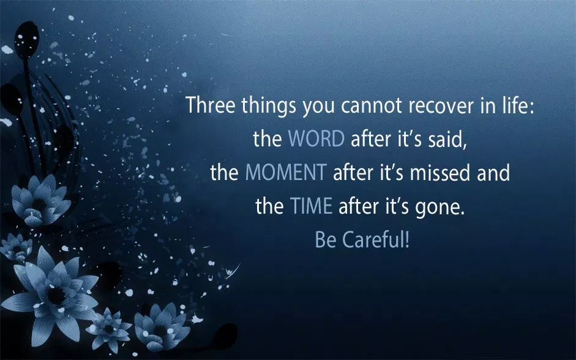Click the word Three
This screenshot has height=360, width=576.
pos(210,105)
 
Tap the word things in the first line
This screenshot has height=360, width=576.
pos(269,106)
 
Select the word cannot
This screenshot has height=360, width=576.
pos(371,105)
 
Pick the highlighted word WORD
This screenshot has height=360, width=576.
pos(316,139)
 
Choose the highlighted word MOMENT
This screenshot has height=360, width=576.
pos(286,173)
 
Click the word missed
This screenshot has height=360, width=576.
pos(439,173)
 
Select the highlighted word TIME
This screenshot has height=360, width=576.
pos(311,206)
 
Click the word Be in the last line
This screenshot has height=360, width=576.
pos(326,240)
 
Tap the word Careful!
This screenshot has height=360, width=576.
pos(375,240)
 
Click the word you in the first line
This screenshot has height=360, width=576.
pos(318,107)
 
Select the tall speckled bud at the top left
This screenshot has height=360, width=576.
pos(26,40)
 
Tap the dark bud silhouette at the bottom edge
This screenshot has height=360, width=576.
pos(225,335)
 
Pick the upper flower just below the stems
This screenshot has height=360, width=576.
pos(40,200)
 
